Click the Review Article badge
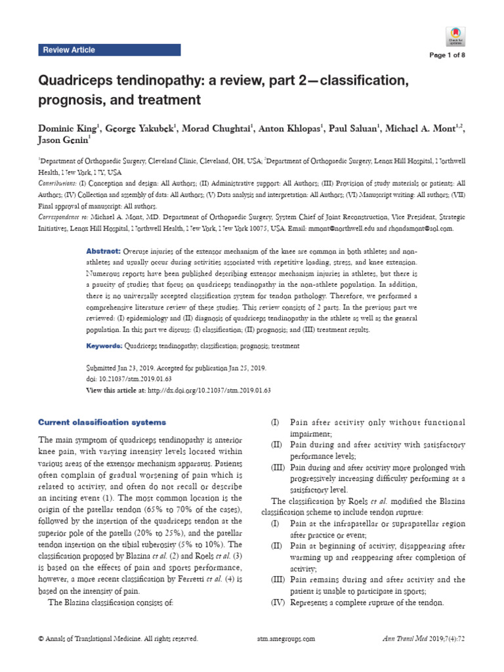click(x=68, y=50)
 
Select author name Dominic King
click(x=67, y=127)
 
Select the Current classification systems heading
click(x=102, y=422)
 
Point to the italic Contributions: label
click(x=54, y=184)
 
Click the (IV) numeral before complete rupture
click(x=278, y=602)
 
